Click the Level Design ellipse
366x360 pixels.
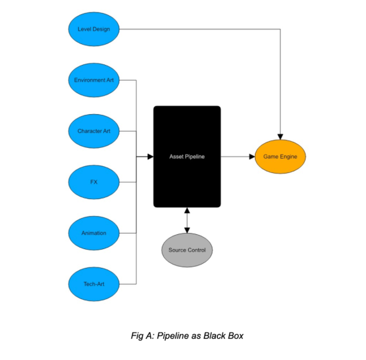coord(94,29)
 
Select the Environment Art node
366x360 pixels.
coord(94,80)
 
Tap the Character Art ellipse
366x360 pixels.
coord(94,131)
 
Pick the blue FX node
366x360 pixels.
coord(94,182)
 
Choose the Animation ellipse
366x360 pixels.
coord(94,233)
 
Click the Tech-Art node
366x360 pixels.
coord(94,284)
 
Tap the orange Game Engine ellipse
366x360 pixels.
coord(280,156)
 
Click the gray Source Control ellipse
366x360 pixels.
coord(187,250)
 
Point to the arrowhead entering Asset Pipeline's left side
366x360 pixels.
coord(150,156)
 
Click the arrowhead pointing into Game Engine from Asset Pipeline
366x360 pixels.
coord(252,156)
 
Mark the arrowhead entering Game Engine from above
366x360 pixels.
coord(280,136)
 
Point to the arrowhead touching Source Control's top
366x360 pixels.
coord(187,230)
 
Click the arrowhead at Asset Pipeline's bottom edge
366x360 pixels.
coord(187,211)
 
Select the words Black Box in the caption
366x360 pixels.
coord(224,336)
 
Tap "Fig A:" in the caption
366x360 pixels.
coord(142,336)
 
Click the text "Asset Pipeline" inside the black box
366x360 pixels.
coord(187,156)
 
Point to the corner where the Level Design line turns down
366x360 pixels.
coord(280,29)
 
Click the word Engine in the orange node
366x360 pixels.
coord(288,156)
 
